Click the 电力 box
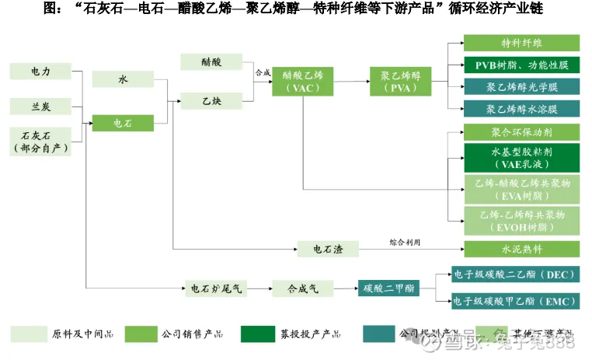[x=40, y=71]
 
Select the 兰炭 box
[x=40, y=105]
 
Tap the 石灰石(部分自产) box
[x=40, y=141]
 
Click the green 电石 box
[x=122, y=123]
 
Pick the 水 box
[x=122, y=79]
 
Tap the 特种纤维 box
[x=521, y=44]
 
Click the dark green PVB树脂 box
[x=521, y=65]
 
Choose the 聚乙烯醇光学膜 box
[x=521, y=87]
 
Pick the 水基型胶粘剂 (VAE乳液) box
[x=521, y=159]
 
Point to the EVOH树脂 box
[x=521, y=221]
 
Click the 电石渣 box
[x=328, y=250]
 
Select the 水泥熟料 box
[x=521, y=250]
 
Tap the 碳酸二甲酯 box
[x=388, y=288]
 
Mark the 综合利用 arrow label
[x=405, y=243]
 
